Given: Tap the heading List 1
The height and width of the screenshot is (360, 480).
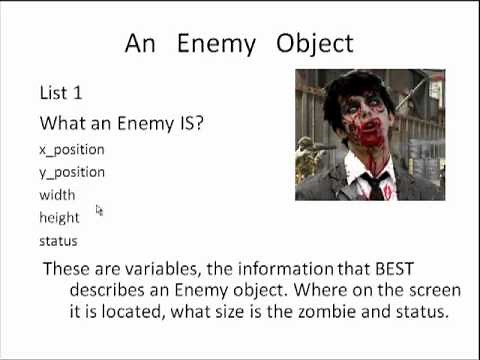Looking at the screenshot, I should [60, 93].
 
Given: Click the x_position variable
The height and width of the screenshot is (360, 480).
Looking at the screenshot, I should [71, 150].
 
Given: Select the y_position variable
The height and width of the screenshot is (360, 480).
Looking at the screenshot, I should [71, 172].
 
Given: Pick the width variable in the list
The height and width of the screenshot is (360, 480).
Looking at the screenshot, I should [57, 195].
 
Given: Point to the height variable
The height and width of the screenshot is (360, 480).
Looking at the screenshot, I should [59, 217].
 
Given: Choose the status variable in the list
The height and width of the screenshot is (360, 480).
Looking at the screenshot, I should [58, 241].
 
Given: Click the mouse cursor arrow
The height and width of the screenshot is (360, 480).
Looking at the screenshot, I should [99, 210].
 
